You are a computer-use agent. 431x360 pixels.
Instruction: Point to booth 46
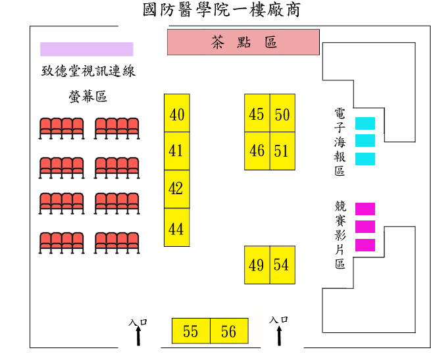tap(257, 151)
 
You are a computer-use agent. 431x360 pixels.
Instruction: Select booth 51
tap(282, 151)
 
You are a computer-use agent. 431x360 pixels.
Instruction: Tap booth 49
tap(257, 265)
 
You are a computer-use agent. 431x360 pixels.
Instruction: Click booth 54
tap(282, 265)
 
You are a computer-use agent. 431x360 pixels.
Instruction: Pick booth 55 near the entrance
tap(191, 330)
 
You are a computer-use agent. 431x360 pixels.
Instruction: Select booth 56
tap(229, 330)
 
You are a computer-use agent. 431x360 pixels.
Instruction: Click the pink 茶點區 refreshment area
tap(243, 42)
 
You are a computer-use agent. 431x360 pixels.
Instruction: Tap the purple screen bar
tap(86, 49)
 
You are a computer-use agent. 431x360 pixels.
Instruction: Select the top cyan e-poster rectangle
tap(365, 123)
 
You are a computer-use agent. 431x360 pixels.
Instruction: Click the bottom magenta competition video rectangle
tap(365, 245)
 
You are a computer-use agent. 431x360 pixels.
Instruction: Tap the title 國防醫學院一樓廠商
tap(220, 11)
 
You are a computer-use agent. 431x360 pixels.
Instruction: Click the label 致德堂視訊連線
tap(88, 71)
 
